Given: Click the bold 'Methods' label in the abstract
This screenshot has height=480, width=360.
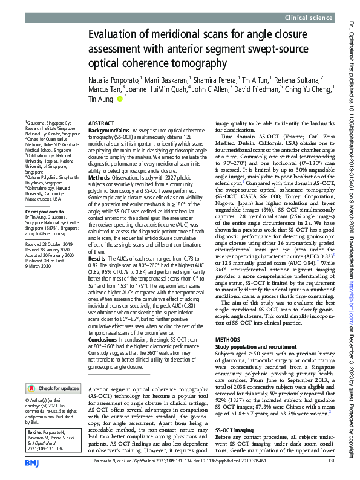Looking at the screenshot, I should coord(99,177).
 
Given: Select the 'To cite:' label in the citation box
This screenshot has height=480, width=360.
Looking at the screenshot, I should coord(36,432).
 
